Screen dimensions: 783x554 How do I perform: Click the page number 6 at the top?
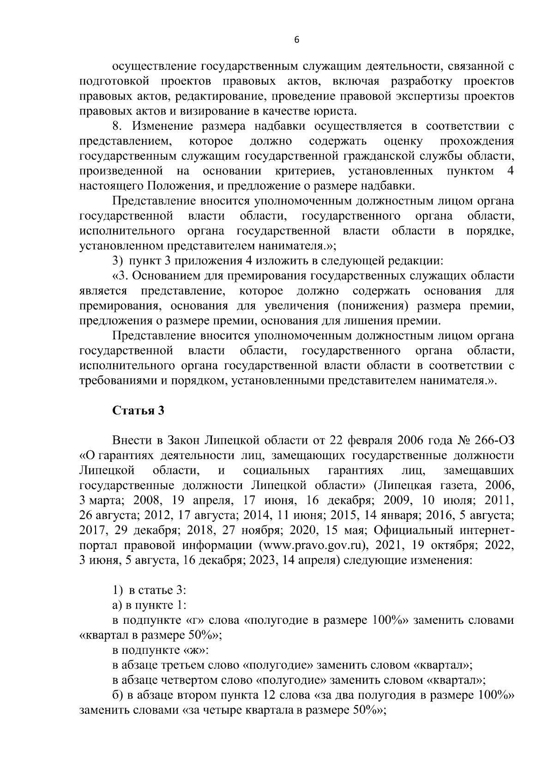(x=296, y=41)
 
